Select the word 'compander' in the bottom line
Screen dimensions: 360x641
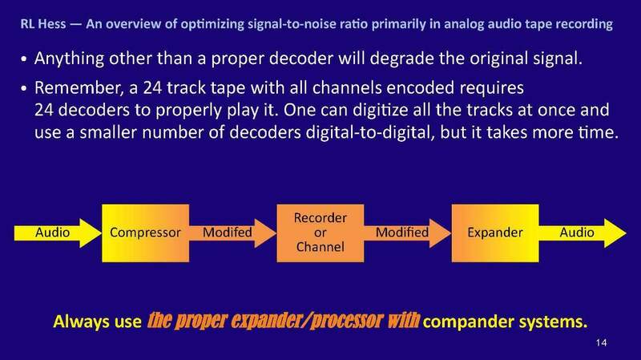pyautogui.click(x=465, y=322)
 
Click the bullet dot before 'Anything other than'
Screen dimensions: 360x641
pyautogui.click(x=25, y=62)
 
